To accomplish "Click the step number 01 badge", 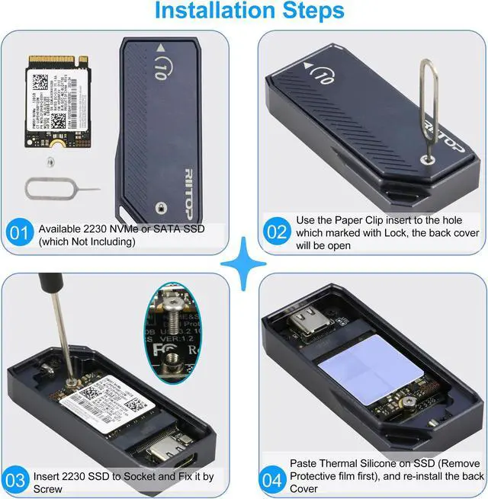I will tap(20, 232).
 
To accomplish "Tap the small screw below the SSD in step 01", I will tap(50, 161).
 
